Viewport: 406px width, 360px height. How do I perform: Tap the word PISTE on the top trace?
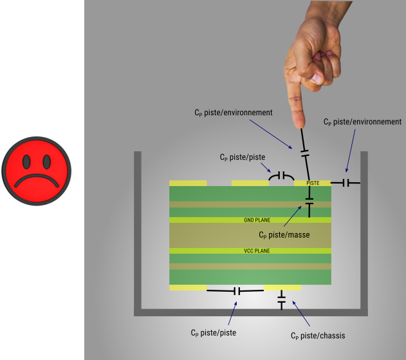point(313,183)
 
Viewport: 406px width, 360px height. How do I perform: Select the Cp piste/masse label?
point(284,235)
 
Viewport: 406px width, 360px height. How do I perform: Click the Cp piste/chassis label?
point(318,336)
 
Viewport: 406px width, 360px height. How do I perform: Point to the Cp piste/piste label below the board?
point(213,333)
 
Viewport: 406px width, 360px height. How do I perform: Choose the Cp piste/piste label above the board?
point(242,156)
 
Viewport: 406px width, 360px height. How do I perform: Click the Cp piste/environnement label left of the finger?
point(234,113)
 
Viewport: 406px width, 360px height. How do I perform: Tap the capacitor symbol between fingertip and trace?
point(305,153)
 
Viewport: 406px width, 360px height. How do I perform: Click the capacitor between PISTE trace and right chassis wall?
point(346,183)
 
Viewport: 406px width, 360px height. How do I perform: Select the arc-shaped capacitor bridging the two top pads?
point(281,175)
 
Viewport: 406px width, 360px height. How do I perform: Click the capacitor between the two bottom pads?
point(236,291)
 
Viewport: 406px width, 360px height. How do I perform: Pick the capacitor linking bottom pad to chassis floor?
point(281,299)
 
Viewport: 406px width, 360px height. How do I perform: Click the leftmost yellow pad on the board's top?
point(188,183)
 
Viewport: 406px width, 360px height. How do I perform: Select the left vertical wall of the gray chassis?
point(137,232)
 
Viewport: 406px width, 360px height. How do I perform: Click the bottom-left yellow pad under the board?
point(188,287)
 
